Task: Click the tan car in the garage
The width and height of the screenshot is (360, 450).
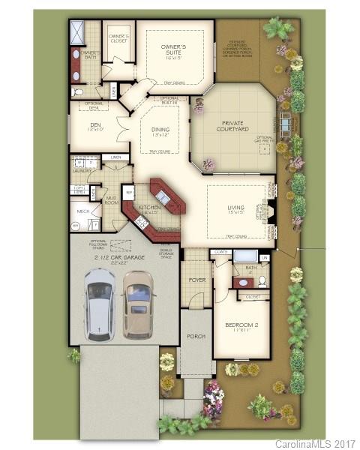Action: click(139, 303)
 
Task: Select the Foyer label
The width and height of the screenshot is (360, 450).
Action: click(196, 280)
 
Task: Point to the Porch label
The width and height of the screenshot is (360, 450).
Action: click(196, 337)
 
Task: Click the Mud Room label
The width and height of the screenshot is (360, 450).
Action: click(111, 200)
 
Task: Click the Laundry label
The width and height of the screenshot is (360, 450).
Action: click(82, 170)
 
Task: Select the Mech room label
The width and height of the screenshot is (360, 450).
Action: click(84, 212)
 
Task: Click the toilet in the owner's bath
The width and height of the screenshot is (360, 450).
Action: click(79, 91)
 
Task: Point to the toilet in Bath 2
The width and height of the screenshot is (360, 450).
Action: click(262, 280)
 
